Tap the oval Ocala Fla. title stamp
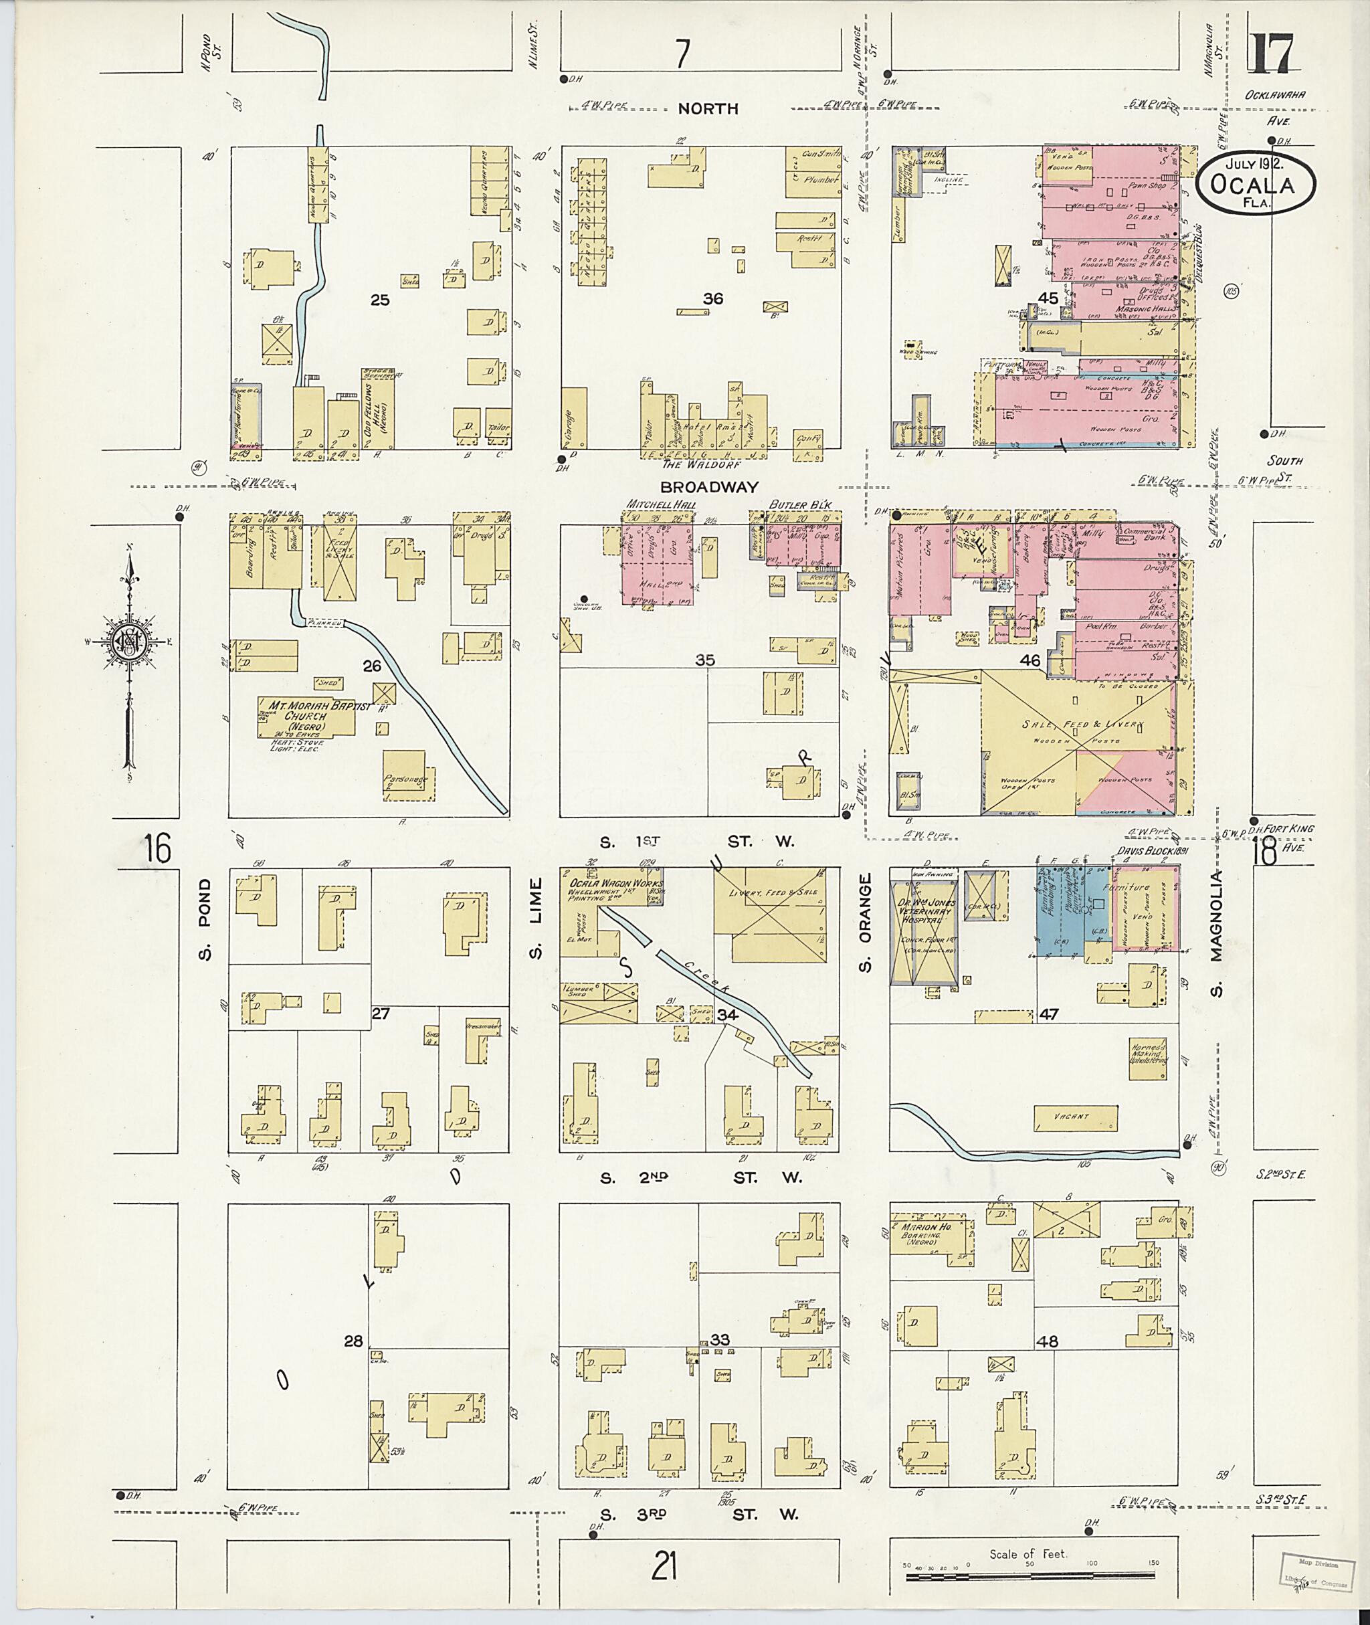coord(1256,183)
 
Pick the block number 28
coord(353,1341)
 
